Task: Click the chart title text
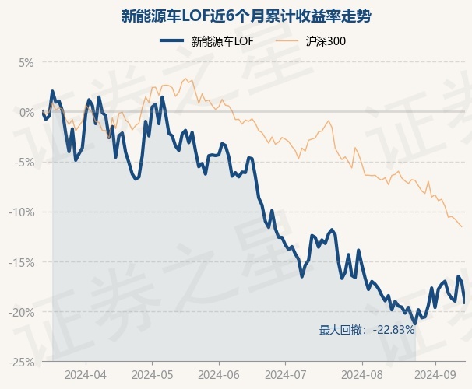click(x=246, y=16)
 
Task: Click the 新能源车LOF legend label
click(x=222, y=41)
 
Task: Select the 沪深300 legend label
click(x=326, y=41)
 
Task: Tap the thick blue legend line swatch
click(x=171, y=41)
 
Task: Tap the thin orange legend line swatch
click(x=287, y=41)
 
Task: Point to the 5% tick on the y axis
click(x=26, y=63)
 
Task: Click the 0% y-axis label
click(x=26, y=113)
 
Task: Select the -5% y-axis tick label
click(x=24, y=163)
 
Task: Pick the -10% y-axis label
click(x=21, y=212)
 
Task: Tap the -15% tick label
click(x=21, y=262)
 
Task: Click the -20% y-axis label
click(x=21, y=312)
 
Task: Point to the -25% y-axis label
click(x=21, y=363)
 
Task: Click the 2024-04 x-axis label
click(x=86, y=375)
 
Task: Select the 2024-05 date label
click(x=153, y=375)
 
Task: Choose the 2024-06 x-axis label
click(x=219, y=375)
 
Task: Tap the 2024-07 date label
click(x=286, y=375)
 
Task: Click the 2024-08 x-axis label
click(x=362, y=375)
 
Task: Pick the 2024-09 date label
click(x=435, y=375)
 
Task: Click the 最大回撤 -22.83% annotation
click(x=367, y=330)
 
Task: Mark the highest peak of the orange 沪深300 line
click(x=185, y=79)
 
